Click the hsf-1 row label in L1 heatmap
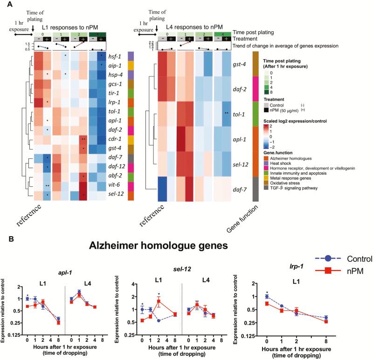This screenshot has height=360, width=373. click(x=113, y=55)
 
